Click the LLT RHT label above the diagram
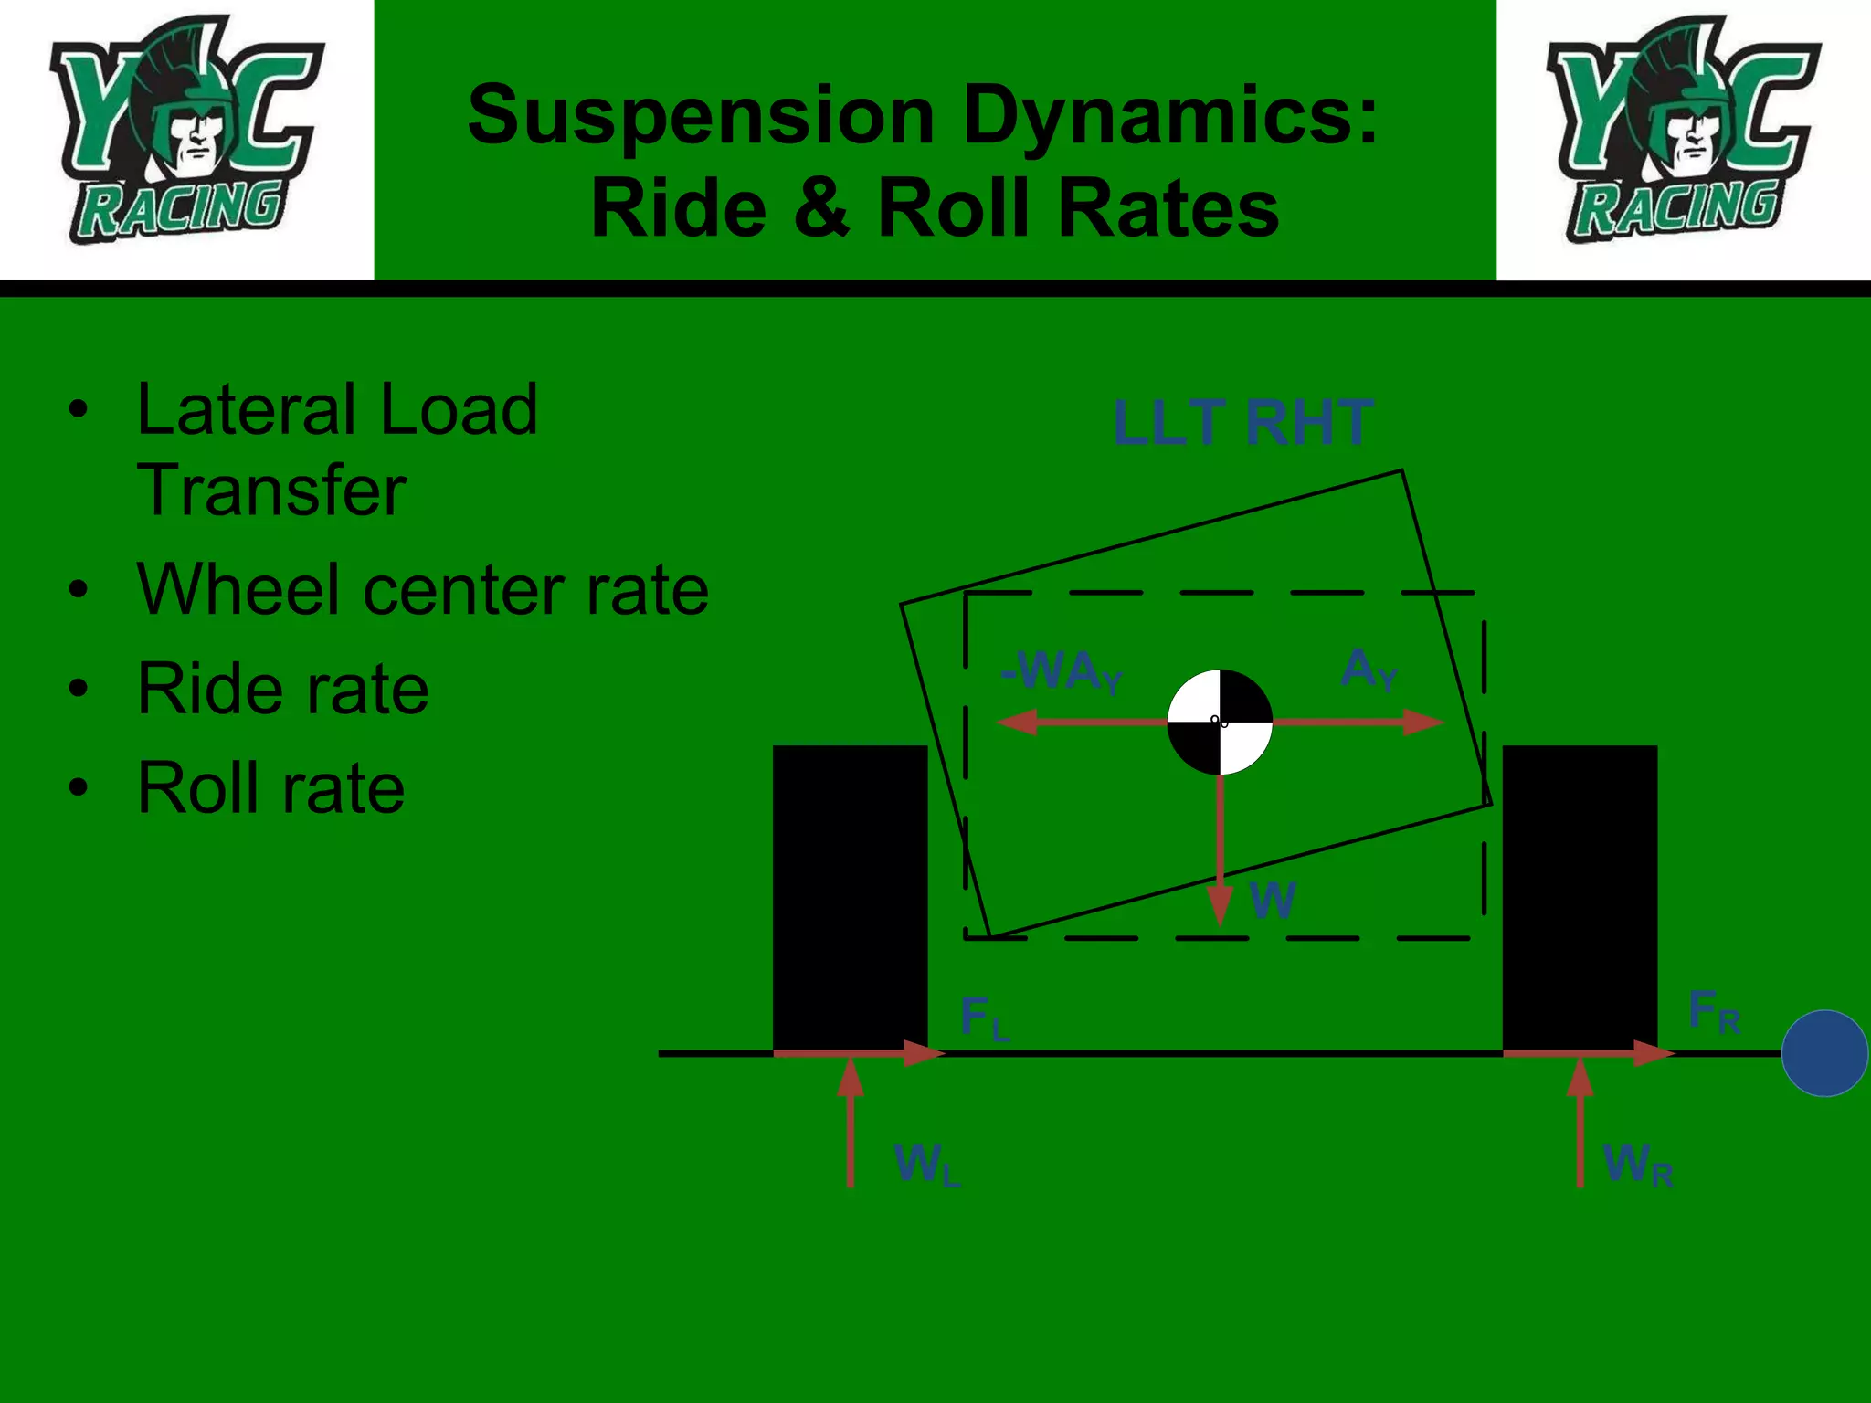(1242, 423)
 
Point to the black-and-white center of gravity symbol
(1220, 722)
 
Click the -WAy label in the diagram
(1060, 672)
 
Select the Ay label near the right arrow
(1368, 669)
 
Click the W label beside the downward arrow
(1272, 900)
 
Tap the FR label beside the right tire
(1713, 1012)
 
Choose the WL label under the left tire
(925, 1165)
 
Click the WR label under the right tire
(1637, 1165)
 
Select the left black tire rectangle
(850, 895)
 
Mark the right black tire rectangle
(1580, 895)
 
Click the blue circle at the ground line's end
(1824, 1053)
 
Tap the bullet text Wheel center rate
(422, 590)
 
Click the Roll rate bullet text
(270, 787)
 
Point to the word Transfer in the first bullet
(271, 491)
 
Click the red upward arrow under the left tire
(851, 1123)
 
